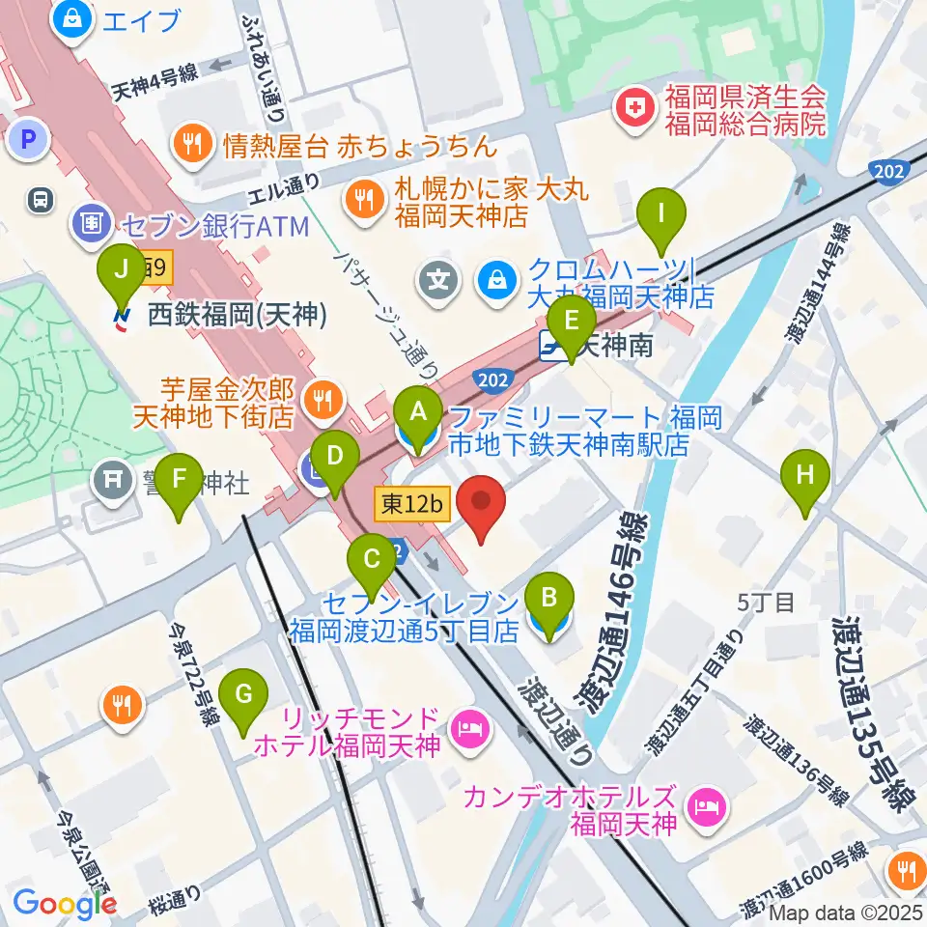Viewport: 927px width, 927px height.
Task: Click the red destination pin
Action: (x=481, y=507)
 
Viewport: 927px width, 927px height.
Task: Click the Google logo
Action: (x=65, y=904)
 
